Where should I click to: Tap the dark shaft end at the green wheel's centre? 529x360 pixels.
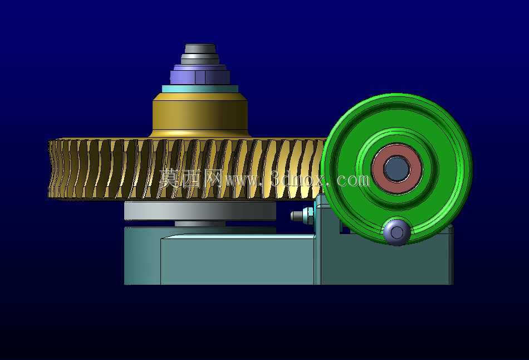(396, 169)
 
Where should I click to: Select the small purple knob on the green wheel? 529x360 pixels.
(396, 232)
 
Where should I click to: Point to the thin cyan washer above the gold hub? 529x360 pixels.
(200, 89)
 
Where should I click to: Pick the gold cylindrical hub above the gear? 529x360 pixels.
(200, 115)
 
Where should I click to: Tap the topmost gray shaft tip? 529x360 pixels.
(200, 48)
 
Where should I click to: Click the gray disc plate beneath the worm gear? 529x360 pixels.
(200, 211)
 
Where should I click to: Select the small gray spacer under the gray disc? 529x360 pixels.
(200, 223)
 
